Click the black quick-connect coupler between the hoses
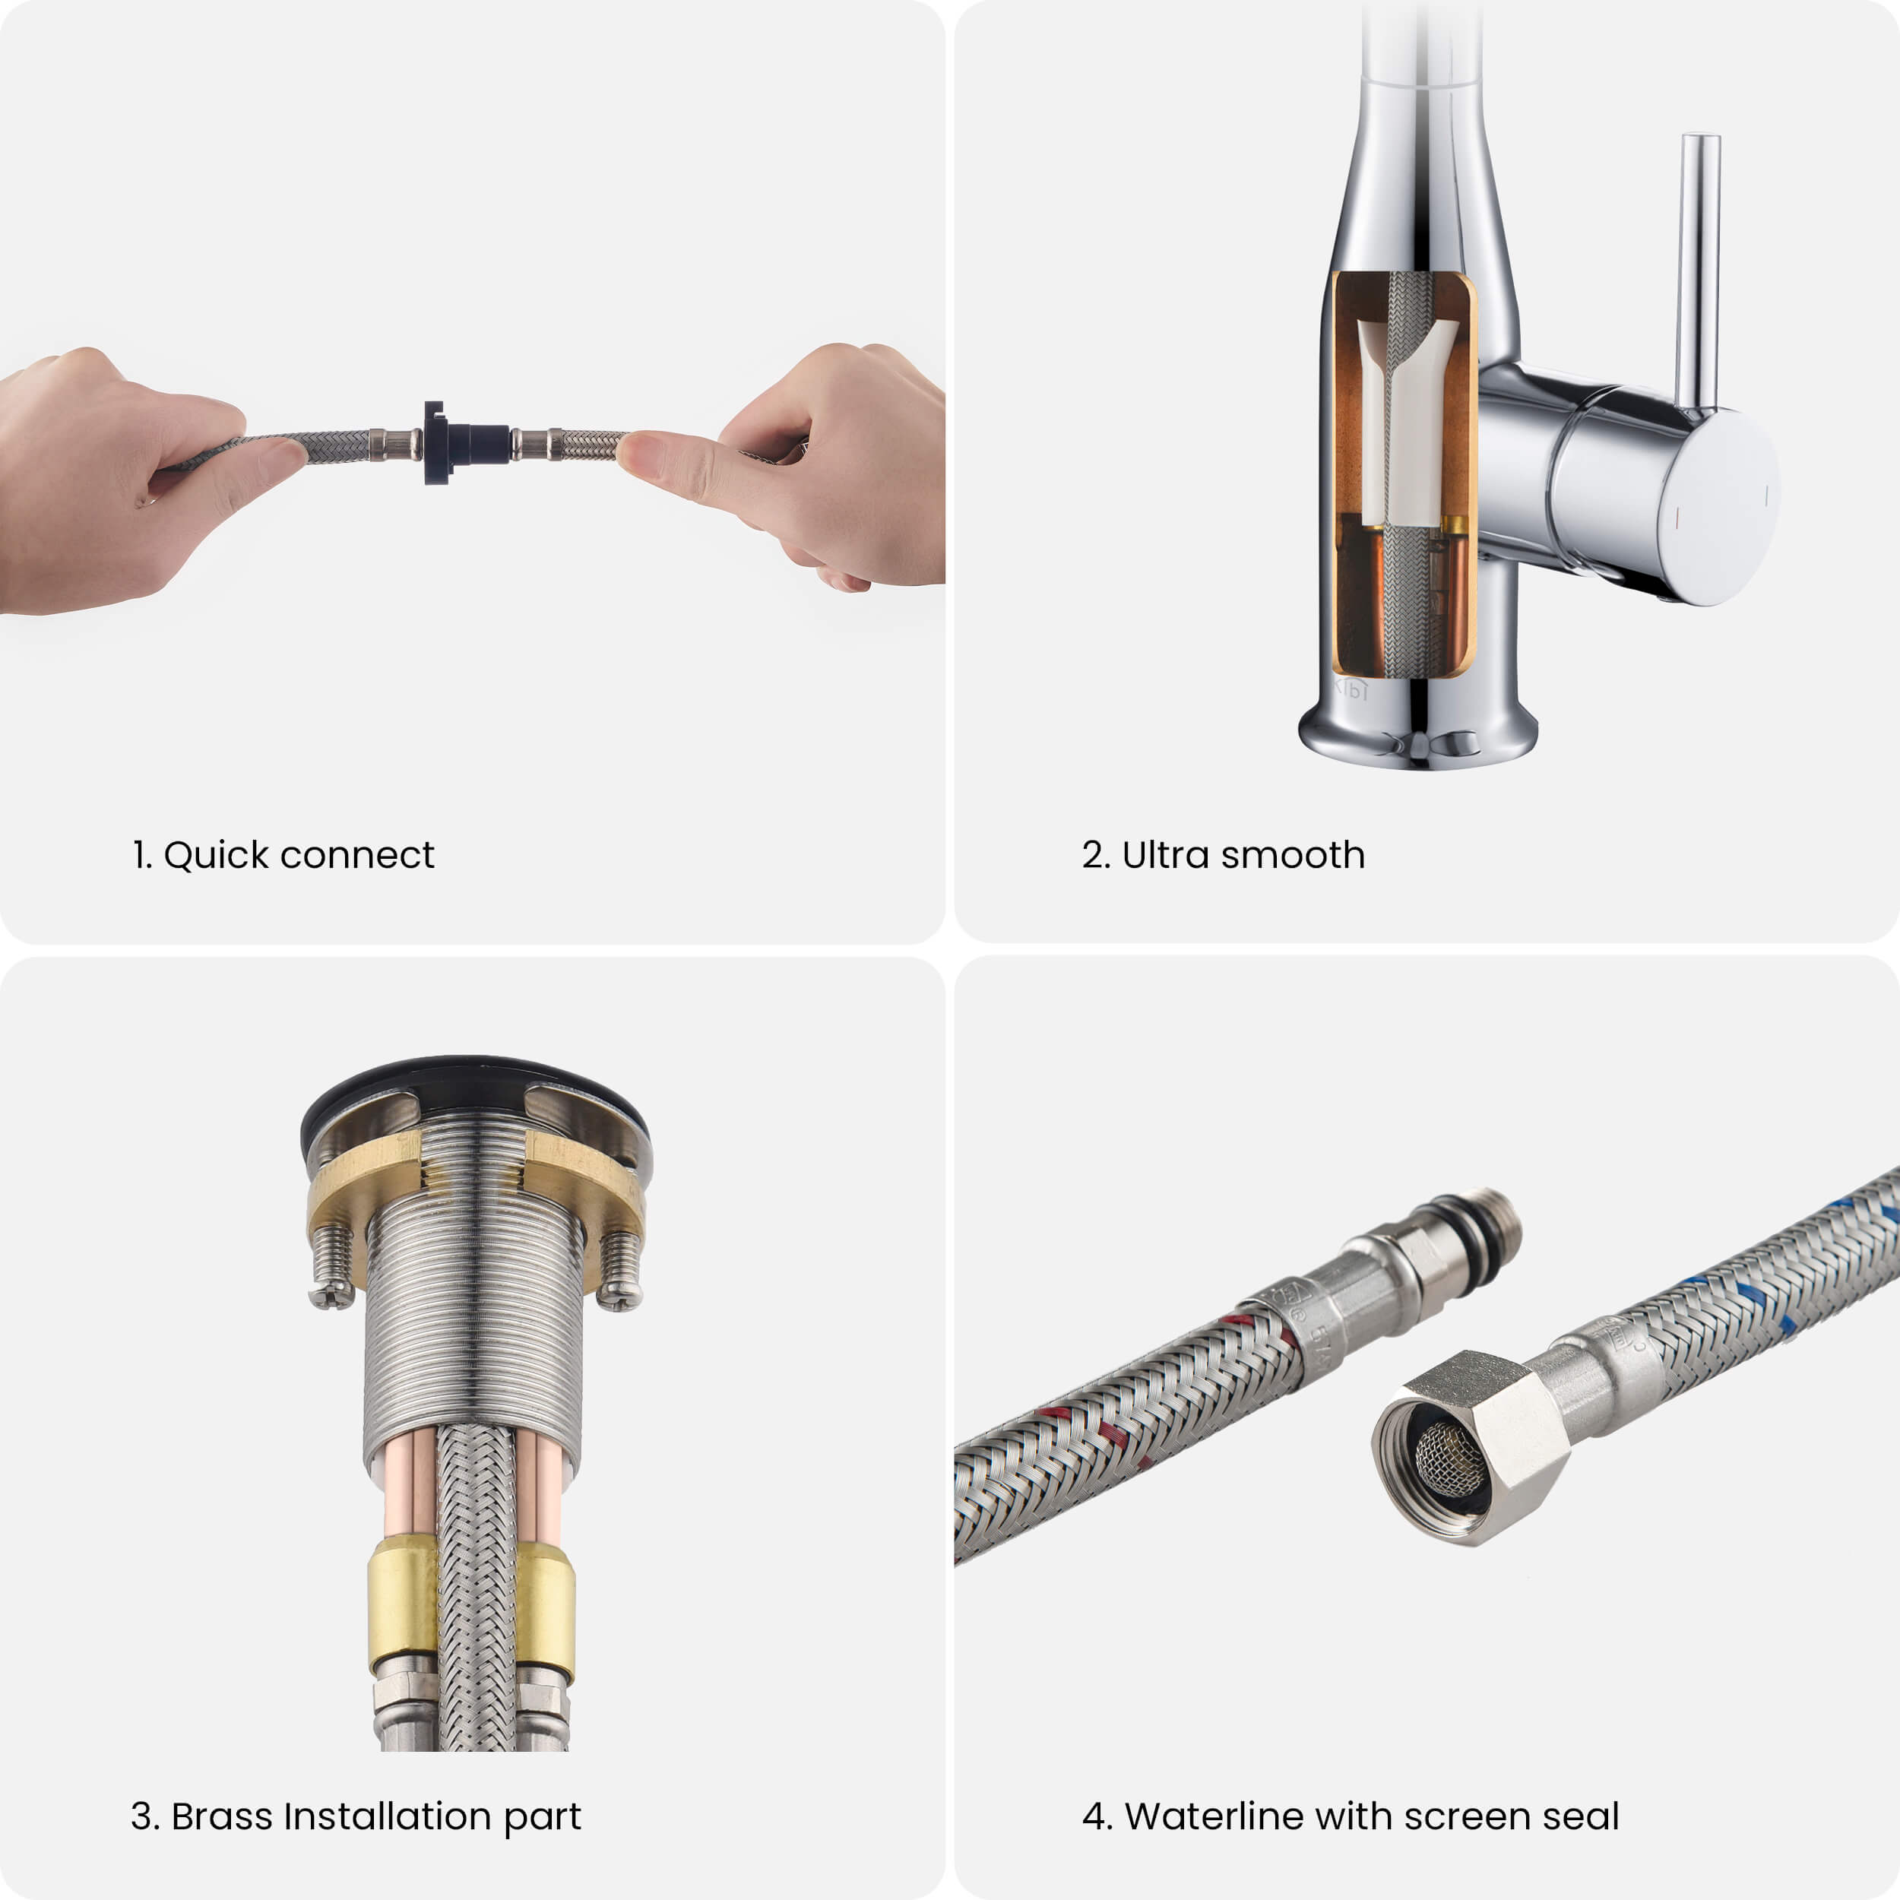tap(463, 442)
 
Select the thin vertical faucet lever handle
tap(1699, 271)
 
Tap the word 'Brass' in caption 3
tap(222, 1816)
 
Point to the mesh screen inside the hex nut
tap(1449, 1462)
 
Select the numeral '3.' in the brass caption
tap(146, 1816)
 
